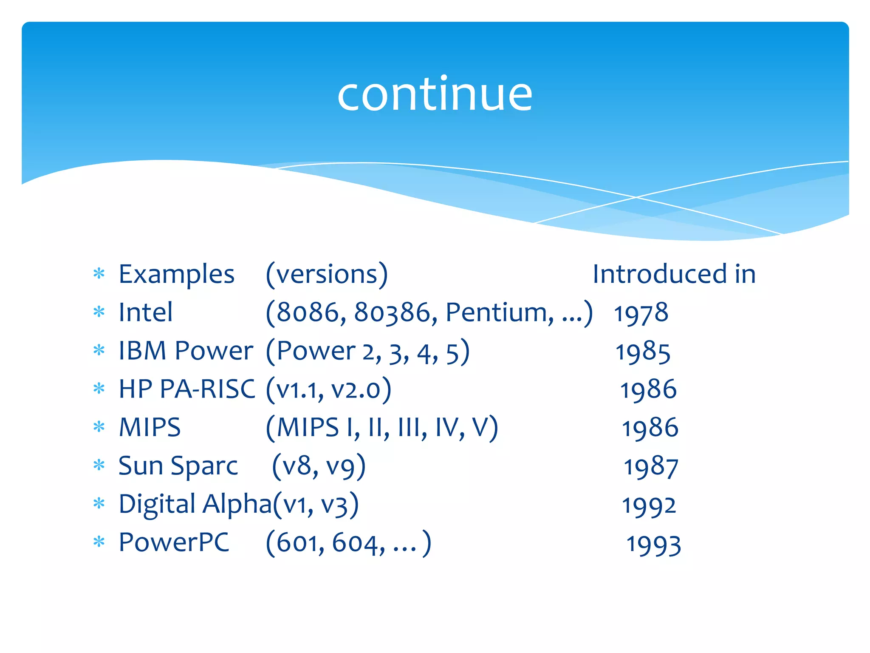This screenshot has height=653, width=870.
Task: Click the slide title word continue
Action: (435, 94)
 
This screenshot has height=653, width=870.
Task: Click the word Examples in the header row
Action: (176, 274)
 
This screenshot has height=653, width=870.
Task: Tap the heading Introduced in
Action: (674, 274)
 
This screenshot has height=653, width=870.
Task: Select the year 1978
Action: (641, 313)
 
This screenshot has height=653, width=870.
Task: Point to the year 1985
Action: (643, 352)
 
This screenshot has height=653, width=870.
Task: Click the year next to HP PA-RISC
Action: (648, 390)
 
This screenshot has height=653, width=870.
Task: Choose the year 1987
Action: (650, 467)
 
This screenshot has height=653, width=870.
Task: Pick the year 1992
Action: (649, 505)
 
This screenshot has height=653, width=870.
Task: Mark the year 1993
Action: (654, 545)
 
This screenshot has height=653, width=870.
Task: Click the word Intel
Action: (146, 312)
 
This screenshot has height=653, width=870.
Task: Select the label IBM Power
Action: (186, 351)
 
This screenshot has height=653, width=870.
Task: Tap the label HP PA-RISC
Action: (187, 389)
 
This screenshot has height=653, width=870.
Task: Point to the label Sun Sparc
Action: (178, 466)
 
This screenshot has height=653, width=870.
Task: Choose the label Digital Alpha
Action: (195, 505)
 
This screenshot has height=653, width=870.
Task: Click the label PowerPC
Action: (174, 543)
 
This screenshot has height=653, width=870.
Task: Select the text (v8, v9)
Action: (319, 466)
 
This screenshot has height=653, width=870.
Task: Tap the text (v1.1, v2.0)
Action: (328, 390)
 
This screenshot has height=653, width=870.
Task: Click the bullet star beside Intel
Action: (99, 312)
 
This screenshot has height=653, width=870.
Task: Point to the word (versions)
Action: (327, 274)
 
